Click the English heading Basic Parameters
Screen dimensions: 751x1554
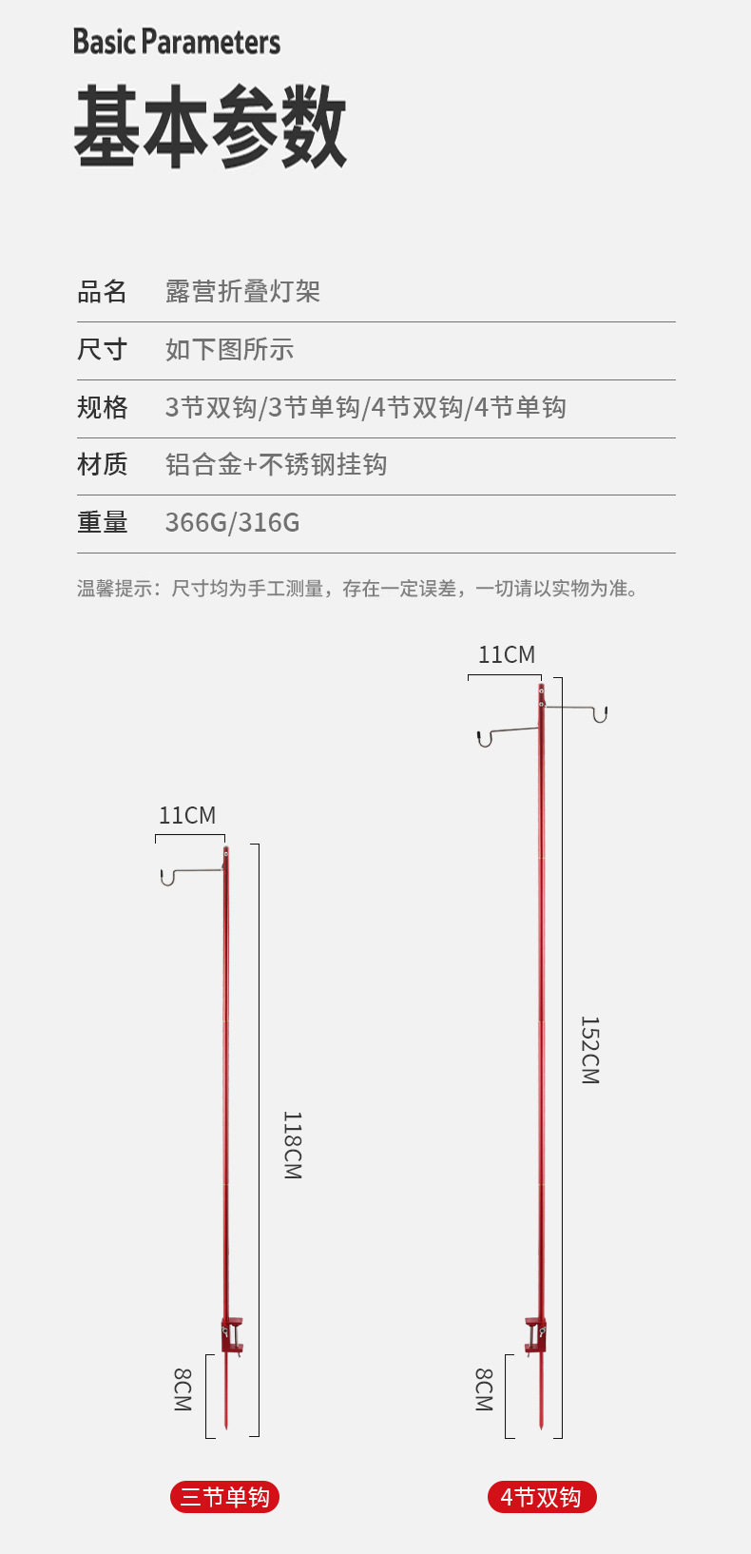tap(177, 42)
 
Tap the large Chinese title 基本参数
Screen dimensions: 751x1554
tap(210, 127)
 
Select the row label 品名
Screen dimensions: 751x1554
tap(102, 292)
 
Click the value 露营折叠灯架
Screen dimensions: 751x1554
tap(242, 292)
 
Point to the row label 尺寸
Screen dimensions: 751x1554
tap(102, 350)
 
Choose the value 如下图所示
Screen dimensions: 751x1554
tap(229, 350)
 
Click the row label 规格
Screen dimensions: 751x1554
tap(102, 408)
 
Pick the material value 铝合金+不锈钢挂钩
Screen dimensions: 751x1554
tap(276, 465)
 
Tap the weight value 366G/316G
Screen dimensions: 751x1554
tap(232, 523)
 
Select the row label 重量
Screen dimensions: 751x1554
tap(102, 523)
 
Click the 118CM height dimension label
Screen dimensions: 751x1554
tap(292, 1145)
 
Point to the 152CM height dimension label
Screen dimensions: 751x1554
tap(589, 1050)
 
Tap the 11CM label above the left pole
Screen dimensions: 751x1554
tap(187, 816)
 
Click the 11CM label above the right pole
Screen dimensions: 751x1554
tap(507, 655)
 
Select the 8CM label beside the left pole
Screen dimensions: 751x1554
tap(183, 1389)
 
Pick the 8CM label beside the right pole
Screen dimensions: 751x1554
tap(484, 1389)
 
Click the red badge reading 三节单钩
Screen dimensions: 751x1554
tap(225, 1498)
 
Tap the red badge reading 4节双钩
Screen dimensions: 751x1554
tap(541, 1498)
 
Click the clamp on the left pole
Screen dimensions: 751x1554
tap(232, 1334)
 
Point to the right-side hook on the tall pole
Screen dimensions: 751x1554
tap(599, 714)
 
